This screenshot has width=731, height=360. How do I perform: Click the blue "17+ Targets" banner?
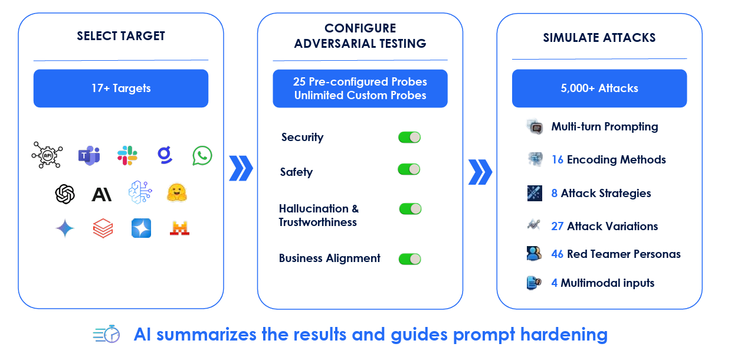[120, 89]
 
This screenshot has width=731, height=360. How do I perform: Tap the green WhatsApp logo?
[202, 156]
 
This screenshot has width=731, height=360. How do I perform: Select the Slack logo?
[127, 155]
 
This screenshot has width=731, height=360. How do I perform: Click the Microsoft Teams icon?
[88, 156]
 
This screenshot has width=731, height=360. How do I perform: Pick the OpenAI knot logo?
[65, 194]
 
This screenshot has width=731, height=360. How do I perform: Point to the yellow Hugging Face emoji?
[176, 192]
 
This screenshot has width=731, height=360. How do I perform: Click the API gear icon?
[47, 155]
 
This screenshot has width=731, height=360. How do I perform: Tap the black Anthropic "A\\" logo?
[101, 194]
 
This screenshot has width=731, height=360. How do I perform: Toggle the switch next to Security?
[409, 138]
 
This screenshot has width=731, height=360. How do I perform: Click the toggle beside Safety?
[409, 169]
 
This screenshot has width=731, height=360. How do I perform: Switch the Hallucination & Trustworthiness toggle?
[410, 208]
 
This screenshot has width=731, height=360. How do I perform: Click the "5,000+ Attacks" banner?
[599, 89]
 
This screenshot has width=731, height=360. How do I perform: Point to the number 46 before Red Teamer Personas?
[557, 254]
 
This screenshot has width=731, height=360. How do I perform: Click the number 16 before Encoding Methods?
[557, 160]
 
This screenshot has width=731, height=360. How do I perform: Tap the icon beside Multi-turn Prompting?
[535, 127]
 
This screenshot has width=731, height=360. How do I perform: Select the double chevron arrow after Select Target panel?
[241, 169]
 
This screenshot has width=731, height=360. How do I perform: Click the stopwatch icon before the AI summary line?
[107, 334]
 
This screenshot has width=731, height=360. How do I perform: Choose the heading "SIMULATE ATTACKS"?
[599, 38]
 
